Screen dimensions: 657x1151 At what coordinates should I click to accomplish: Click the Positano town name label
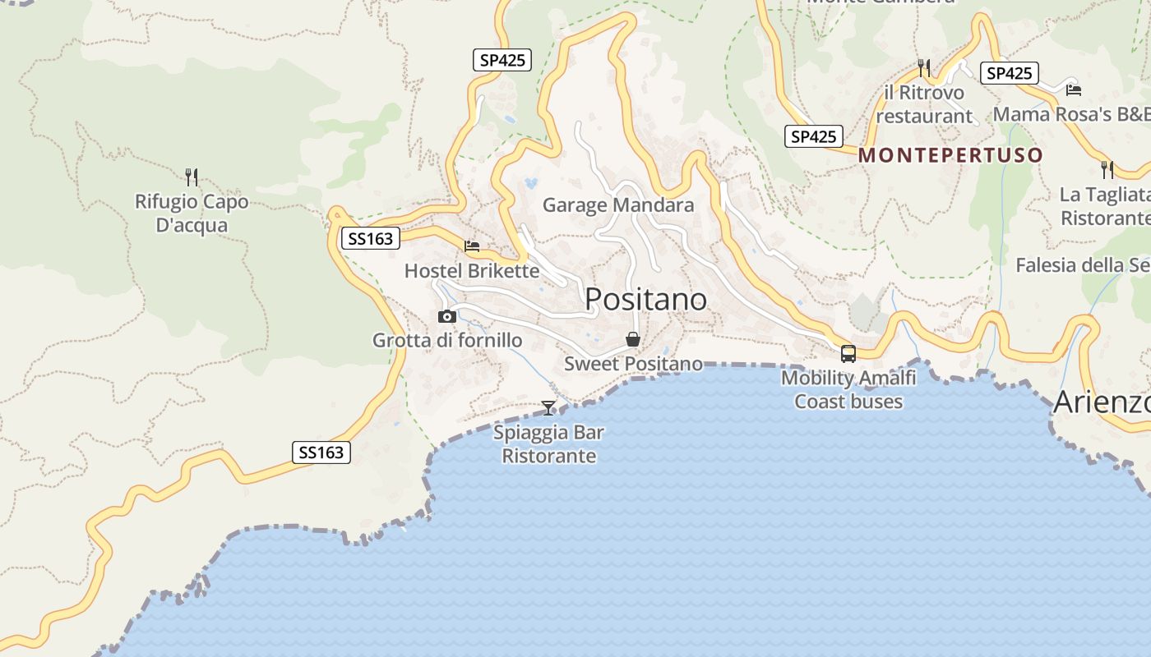point(645,300)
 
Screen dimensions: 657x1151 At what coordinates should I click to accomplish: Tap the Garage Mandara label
point(618,205)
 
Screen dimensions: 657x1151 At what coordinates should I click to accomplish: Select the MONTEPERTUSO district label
point(950,155)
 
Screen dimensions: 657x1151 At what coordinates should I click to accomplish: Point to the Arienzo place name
point(1102,402)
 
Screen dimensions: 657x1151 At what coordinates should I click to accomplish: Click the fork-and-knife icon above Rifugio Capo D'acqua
point(192,177)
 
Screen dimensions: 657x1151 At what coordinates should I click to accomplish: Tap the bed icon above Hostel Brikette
point(472,246)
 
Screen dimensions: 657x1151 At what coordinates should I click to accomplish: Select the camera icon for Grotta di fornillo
point(447,316)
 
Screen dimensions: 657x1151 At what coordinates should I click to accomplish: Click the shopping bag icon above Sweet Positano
point(633,339)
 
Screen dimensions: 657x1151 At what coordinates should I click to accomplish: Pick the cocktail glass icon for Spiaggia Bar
point(548,407)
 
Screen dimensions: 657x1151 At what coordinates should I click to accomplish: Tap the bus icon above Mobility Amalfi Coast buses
point(848,354)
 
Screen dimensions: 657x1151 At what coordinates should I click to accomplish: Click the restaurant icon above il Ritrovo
point(924,67)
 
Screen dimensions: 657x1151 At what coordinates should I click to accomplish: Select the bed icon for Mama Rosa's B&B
point(1073,90)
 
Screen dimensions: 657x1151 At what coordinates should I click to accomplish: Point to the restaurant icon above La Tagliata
point(1107,170)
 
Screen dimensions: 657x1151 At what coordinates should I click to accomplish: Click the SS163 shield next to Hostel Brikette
point(370,239)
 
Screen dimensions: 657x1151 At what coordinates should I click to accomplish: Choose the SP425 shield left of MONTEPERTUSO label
point(813,137)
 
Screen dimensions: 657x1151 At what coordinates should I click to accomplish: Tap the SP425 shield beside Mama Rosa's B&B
point(1009,73)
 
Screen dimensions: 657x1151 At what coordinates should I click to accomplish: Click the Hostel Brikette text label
point(472,271)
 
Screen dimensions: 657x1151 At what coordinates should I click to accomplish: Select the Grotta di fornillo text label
point(447,340)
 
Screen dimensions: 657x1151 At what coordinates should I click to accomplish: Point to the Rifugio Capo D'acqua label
point(192,214)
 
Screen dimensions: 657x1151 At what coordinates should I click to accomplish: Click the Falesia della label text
point(1082,265)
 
